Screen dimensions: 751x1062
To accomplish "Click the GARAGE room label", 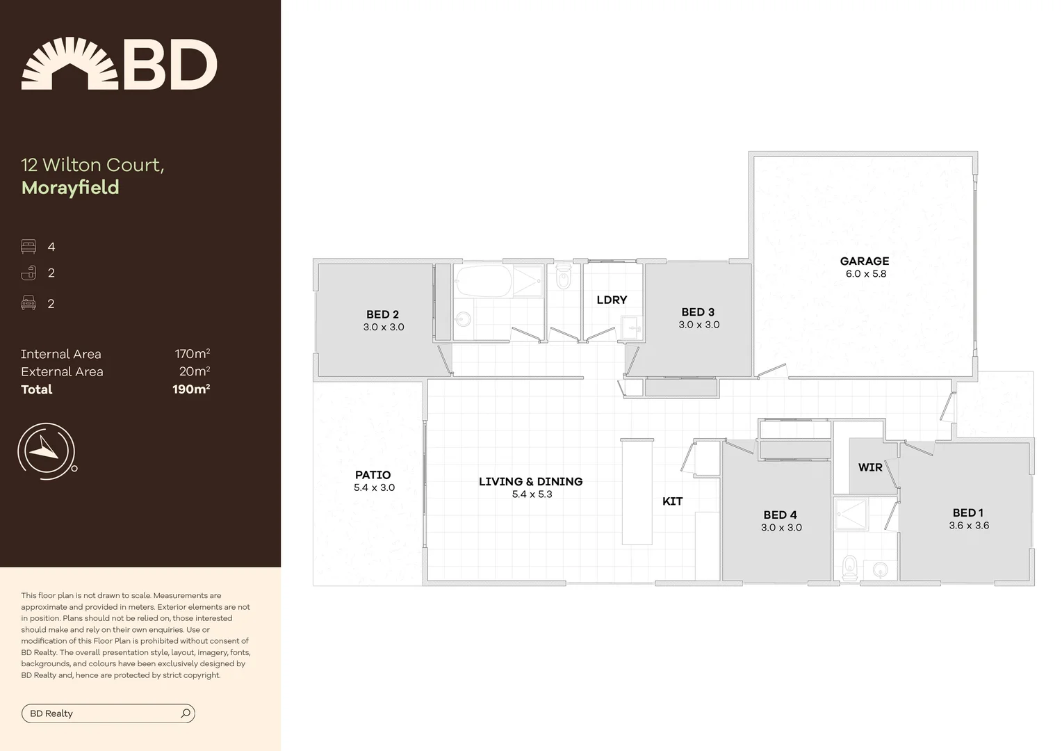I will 864,261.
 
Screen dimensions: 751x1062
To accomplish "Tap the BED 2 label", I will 382,314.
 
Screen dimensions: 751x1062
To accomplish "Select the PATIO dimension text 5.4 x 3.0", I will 374,487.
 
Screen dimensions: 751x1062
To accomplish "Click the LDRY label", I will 612,300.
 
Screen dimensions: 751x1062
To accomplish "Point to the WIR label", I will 869,467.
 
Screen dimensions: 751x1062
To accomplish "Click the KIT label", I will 672,501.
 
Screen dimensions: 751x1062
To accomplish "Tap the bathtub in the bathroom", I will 483,282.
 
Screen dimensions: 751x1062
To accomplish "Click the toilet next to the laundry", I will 564,277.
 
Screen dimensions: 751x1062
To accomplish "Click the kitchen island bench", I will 637,491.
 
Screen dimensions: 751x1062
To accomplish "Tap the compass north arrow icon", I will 47,449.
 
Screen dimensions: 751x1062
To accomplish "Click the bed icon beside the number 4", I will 28,247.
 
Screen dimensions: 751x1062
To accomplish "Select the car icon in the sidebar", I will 28,302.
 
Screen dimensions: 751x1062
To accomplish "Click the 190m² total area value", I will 191,389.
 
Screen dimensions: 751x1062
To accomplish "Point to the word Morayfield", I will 70,188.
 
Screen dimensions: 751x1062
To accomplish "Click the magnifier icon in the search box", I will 186,713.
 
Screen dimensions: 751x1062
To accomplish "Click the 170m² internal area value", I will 193,354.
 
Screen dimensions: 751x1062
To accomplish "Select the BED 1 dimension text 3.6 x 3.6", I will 968,526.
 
